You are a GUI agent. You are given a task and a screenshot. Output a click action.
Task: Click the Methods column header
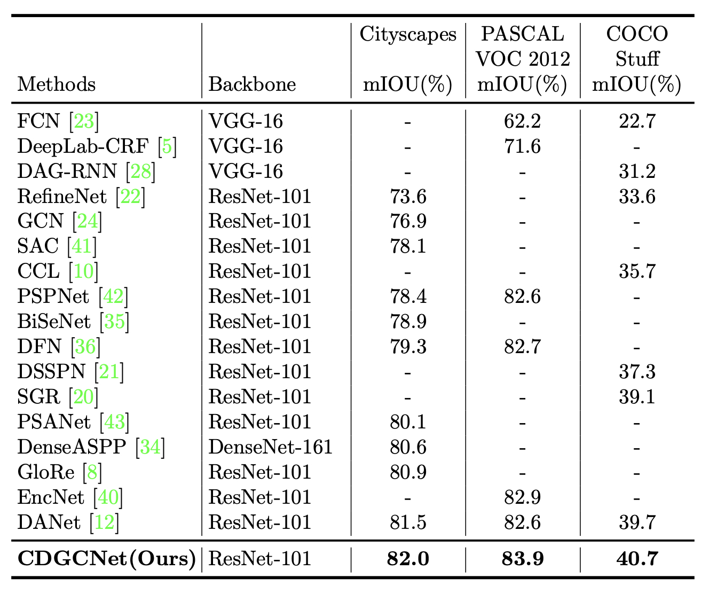[57, 84]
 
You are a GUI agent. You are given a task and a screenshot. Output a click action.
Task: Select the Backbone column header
[252, 84]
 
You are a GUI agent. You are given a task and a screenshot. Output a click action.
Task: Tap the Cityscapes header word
[408, 34]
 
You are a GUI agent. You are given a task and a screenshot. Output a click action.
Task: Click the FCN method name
[38, 121]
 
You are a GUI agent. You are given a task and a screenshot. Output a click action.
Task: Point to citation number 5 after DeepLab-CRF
[167, 146]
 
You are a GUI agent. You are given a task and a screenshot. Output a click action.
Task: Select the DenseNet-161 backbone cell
[270, 447]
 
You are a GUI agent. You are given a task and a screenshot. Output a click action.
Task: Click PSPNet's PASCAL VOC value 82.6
[522, 296]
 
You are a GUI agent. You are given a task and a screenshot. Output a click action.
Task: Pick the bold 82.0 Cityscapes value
[408, 559]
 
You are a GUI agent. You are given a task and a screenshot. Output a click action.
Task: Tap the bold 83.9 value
[522, 559]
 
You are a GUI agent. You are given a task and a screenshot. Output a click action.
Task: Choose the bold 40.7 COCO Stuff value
[636, 559]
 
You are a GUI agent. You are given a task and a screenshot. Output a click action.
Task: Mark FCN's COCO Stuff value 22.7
[636, 121]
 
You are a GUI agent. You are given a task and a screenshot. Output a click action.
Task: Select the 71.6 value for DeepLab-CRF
[522, 146]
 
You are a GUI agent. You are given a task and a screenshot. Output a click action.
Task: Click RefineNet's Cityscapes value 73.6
[408, 197]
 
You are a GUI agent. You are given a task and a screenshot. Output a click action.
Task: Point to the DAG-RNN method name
[67, 171]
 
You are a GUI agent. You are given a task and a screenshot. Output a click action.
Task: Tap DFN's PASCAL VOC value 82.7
[522, 347]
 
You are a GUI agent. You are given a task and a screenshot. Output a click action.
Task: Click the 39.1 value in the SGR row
[636, 397]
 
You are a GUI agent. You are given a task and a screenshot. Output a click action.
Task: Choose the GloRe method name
[46, 472]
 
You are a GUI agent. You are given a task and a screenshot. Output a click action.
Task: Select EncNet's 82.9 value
[522, 497]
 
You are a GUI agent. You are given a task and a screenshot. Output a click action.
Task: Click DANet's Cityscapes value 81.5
[408, 522]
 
